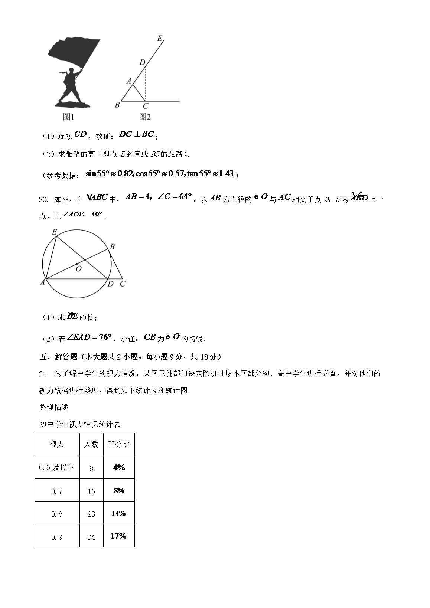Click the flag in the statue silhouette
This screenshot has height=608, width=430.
click(74, 52)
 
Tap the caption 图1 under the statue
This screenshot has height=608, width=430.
click(69, 117)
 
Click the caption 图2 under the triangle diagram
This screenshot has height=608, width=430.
click(145, 117)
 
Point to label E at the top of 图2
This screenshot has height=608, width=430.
click(160, 38)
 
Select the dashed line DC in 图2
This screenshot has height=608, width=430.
click(145, 84)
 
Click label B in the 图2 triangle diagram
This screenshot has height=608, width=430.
click(117, 105)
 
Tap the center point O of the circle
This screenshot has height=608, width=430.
click(77, 264)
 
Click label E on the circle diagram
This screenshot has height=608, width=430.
click(54, 232)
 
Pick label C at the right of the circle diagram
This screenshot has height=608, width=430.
click(123, 284)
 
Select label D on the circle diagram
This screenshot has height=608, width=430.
click(110, 284)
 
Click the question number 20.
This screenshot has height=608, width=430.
click(43, 199)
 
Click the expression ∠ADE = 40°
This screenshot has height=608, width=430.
click(82, 215)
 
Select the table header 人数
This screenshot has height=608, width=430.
click(91, 444)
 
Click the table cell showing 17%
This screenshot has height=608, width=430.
click(119, 536)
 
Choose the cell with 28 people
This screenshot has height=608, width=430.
click(91, 514)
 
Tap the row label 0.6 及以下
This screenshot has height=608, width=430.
click(57, 467)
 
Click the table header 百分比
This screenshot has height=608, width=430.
click(119, 444)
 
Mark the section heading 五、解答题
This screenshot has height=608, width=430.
click(58, 357)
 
